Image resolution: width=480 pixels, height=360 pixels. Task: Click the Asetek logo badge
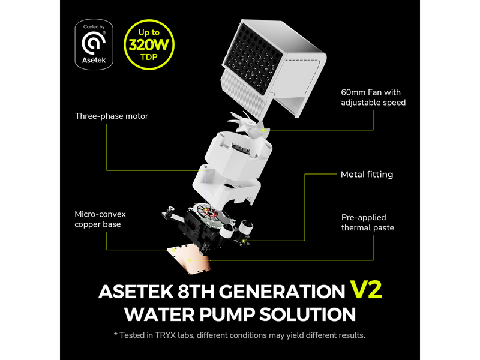pos(94,44)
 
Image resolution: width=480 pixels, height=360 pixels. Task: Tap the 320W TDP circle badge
pos(149,44)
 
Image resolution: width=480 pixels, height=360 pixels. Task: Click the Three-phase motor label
pos(112,116)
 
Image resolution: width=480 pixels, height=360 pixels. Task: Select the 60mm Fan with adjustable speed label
pos(373,97)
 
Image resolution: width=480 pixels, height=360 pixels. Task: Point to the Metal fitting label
pos(367,175)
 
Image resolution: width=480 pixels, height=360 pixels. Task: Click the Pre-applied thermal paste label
pos(368,223)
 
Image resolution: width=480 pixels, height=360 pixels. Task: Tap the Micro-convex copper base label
pos(100,219)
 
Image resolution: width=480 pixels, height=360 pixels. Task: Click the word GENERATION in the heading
pos(282,292)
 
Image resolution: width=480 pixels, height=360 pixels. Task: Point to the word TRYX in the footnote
pos(166,335)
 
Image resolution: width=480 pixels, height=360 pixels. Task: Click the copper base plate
pos(189,259)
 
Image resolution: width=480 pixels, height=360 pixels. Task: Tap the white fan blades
pos(248,122)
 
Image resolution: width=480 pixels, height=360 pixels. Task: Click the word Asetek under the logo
pos(94,60)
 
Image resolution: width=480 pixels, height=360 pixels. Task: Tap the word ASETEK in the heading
pos(136,292)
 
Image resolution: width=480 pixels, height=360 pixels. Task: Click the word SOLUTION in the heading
pos(308,314)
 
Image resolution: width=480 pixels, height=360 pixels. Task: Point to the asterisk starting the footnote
pos(115,334)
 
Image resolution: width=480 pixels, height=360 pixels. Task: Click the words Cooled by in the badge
pos(94,27)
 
